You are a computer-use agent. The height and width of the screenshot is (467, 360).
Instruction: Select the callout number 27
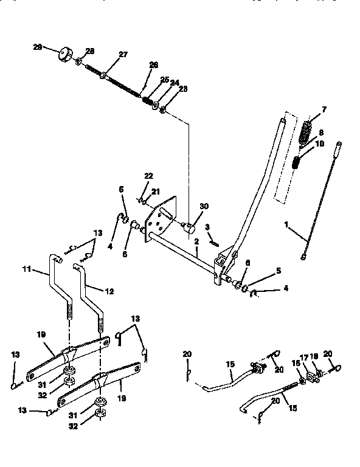[x=123, y=54]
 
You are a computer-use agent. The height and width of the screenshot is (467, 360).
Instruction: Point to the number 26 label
[x=153, y=65]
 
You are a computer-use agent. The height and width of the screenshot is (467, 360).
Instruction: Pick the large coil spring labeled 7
[x=307, y=131]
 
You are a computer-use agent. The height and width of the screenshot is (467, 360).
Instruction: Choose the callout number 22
[x=148, y=176]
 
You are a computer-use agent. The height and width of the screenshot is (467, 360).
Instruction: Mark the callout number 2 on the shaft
[x=196, y=241]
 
